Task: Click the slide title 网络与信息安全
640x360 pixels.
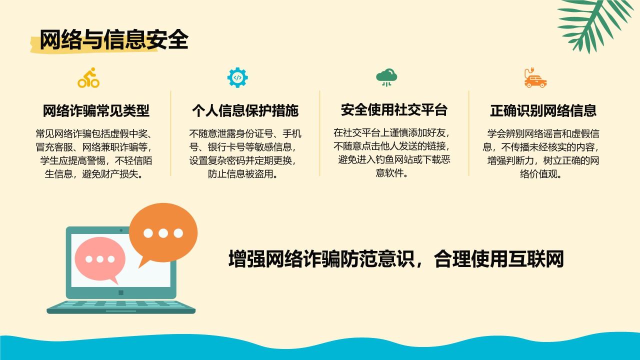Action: (113, 39)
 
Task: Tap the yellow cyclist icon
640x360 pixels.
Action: (88, 77)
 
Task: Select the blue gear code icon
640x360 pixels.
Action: (237, 77)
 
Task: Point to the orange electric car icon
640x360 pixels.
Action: (535, 77)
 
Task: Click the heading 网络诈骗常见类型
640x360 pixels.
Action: (96, 110)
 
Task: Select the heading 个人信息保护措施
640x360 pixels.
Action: (245, 110)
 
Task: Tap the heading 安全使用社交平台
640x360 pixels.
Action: (394, 109)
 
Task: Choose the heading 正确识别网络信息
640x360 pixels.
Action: (543, 110)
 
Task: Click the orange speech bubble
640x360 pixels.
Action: (163, 233)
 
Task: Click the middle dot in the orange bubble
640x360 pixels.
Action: (163, 233)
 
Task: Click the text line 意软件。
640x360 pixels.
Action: (391, 173)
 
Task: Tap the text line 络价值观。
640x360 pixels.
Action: (541, 174)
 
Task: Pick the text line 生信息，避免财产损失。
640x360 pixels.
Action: (93, 174)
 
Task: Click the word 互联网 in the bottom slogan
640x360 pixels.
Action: (536, 259)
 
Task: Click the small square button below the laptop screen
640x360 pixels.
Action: (121, 292)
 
